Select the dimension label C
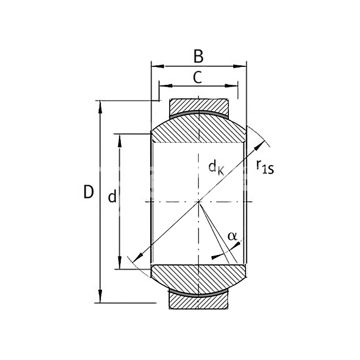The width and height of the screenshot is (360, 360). point(197,77)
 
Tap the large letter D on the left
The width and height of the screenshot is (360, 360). point(88,192)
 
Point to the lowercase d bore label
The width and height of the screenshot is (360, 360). point(112,197)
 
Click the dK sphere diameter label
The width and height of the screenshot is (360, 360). point(217,168)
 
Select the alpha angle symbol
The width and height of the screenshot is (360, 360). point(232,236)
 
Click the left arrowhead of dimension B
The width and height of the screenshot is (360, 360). point(158,66)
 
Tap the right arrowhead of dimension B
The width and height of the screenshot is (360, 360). point(240,66)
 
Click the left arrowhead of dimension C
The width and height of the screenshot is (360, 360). point(166,86)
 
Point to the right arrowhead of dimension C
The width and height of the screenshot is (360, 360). point(231,86)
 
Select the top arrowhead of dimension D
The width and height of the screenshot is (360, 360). point(100,107)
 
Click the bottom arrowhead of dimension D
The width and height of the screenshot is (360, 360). point(100,296)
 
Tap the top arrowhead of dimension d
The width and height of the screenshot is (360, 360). point(119,140)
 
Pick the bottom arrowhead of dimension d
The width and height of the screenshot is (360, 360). point(119,262)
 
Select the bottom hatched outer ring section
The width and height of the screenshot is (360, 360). point(199,299)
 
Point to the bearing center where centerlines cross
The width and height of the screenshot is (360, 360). point(199,202)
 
